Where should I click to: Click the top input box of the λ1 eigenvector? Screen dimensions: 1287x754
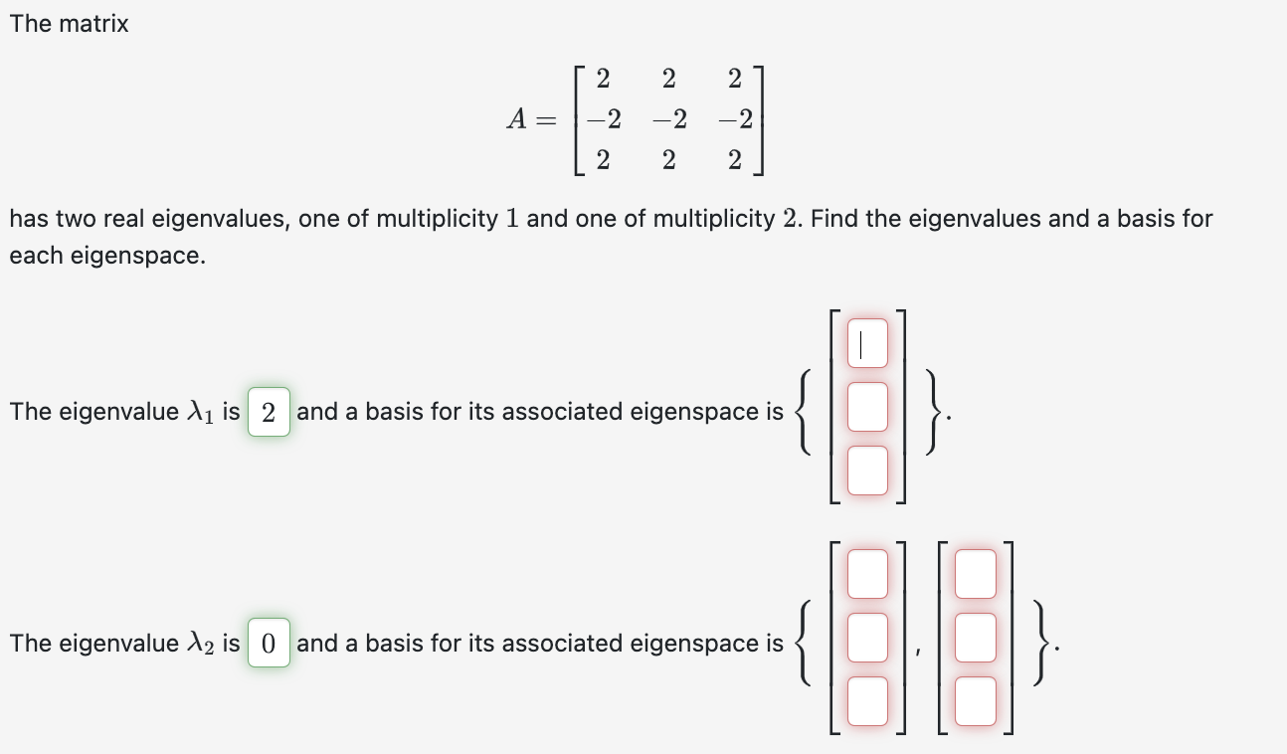click(867, 343)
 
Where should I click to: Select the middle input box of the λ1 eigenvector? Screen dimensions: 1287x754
click(867, 408)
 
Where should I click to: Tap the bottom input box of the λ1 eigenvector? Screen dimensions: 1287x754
click(867, 471)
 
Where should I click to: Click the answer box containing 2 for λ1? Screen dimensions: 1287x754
click(269, 412)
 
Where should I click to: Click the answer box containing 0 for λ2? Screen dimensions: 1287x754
click(269, 643)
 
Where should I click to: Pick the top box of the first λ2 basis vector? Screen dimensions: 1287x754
click(867, 574)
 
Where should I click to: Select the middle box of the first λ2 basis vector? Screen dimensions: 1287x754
click(867, 637)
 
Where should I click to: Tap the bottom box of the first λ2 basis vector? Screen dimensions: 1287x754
click(867, 700)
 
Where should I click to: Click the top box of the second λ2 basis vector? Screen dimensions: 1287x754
click(975, 574)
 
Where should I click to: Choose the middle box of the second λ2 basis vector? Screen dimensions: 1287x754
click(975, 637)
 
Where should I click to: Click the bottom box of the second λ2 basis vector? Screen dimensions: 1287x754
click(975, 700)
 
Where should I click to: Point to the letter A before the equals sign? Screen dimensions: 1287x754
click(517, 120)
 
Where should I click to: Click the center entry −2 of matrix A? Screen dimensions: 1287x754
click(668, 120)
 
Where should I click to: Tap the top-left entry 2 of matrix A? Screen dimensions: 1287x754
click(604, 78)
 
